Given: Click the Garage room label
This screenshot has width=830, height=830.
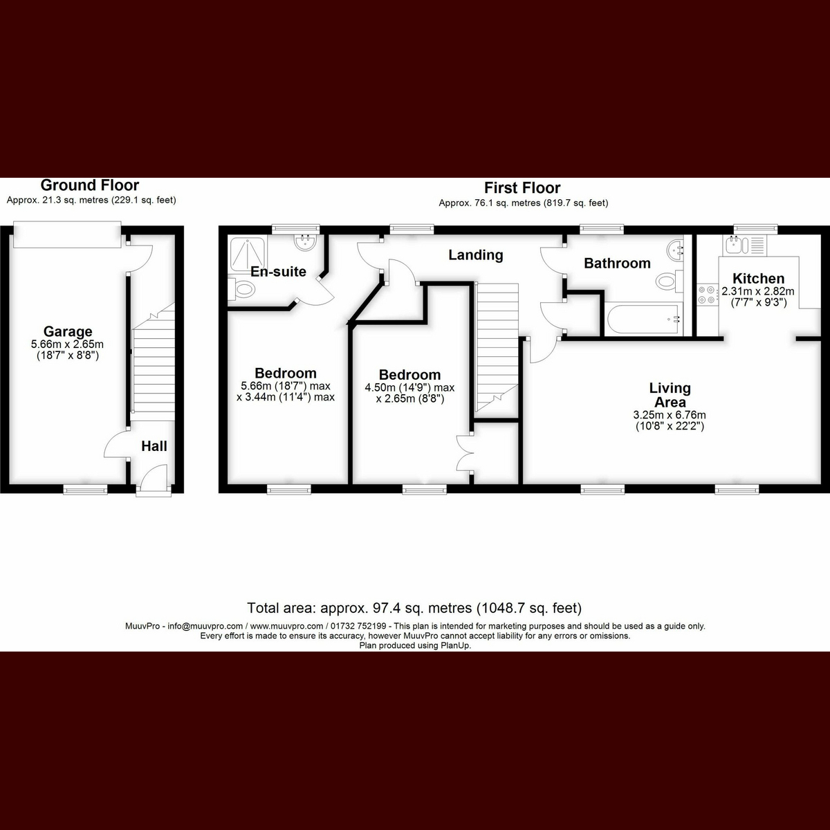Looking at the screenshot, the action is (x=68, y=331).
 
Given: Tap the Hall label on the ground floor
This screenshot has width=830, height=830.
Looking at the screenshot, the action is (x=154, y=446).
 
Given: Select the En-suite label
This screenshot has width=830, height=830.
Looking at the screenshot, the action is (x=278, y=271).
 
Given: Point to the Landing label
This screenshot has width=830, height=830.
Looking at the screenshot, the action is (x=475, y=255).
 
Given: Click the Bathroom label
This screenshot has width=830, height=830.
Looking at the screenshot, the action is (x=617, y=263).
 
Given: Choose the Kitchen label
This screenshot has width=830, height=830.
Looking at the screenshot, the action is (x=759, y=278).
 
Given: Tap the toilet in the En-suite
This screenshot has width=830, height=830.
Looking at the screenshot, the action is (x=241, y=288).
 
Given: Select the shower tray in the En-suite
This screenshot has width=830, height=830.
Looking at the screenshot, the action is (x=248, y=254).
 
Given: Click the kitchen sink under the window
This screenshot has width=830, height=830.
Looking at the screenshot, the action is (x=746, y=245).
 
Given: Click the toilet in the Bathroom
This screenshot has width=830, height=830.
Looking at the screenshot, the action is (x=669, y=282).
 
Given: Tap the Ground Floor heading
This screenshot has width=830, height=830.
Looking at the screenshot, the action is (x=90, y=185).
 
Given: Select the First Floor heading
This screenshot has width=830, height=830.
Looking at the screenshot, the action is (x=522, y=188).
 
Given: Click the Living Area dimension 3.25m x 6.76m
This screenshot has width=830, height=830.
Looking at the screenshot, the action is (x=670, y=415).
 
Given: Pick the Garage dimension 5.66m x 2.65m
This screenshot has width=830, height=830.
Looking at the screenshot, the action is (x=67, y=344).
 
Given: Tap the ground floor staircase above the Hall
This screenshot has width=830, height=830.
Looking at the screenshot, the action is (x=154, y=362).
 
